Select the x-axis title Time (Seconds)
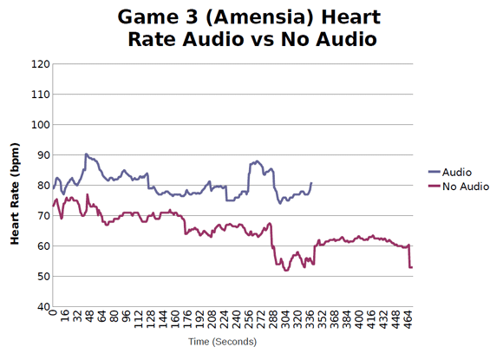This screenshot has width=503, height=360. click(x=222, y=343)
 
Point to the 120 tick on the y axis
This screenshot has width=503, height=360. click(x=38, y=64)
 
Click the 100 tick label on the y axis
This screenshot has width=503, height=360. click(x=38, y=125)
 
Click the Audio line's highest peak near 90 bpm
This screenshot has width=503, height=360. click(x=86, y=154)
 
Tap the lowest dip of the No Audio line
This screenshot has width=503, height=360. click(x=286, y=271)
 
